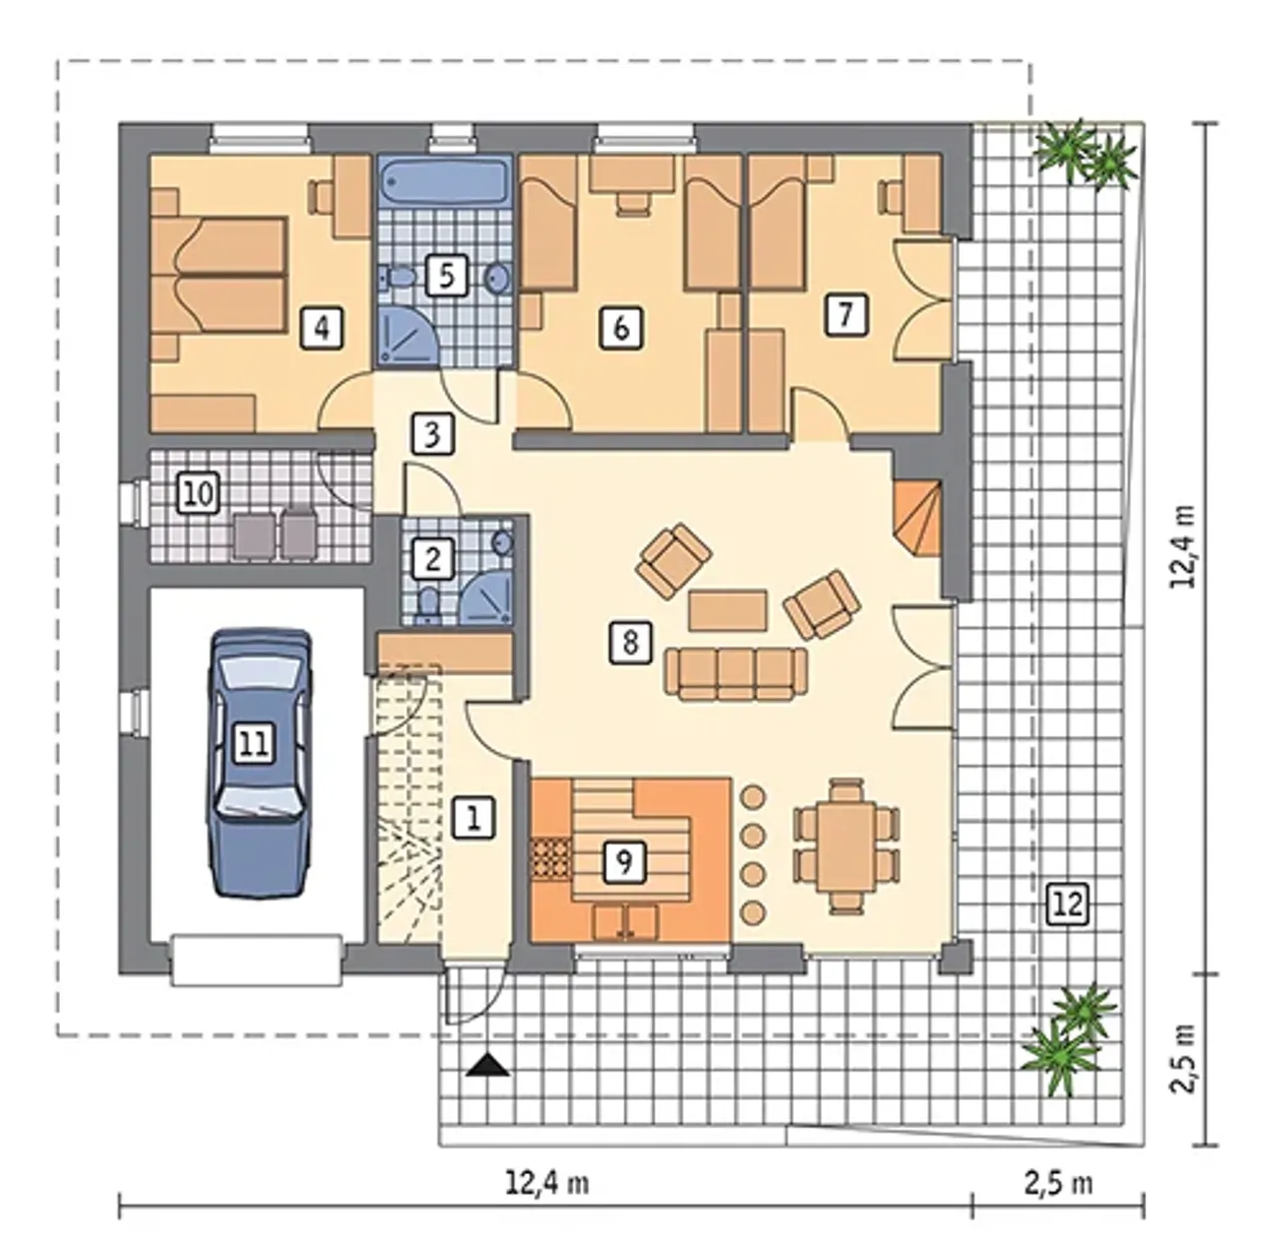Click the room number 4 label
point(321,327)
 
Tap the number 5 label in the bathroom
point(446,274)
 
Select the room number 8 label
point(630,642)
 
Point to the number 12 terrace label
point(1069,904)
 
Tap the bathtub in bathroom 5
point(446,180)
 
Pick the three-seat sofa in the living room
point(736,673)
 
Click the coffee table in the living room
point(728,609)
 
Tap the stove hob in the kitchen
point(550,858)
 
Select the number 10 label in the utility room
point(199,493)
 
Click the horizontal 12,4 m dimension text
point(547,1182)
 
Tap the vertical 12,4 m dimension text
point(1182,547)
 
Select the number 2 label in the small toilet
point(431,558)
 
